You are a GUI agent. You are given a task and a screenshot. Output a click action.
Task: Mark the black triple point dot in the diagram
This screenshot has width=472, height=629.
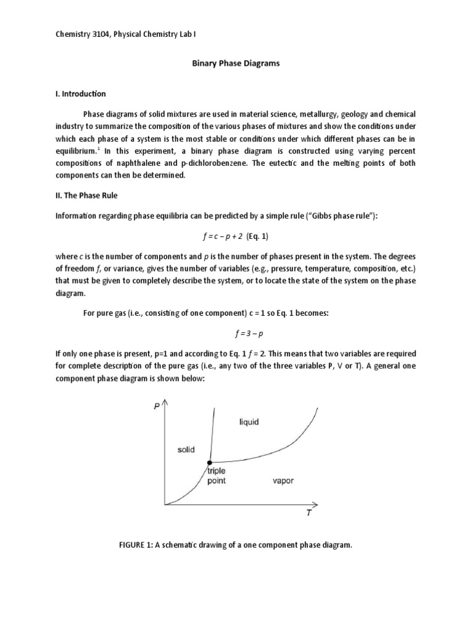210,462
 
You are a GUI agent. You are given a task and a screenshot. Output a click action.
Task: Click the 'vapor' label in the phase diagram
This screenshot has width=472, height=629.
283,480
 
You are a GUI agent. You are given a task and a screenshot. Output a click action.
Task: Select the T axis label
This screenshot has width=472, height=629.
310,514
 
